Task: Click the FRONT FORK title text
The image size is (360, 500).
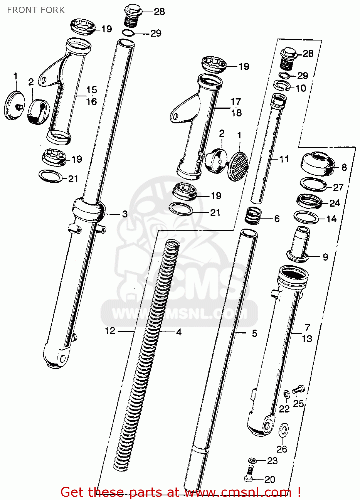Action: coord(36,10)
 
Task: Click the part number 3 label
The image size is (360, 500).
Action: coord(125,214)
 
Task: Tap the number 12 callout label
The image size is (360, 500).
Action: coord(110,331)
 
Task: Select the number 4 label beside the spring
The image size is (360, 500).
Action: coord(179,332)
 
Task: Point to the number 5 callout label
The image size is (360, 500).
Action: coord(255,333)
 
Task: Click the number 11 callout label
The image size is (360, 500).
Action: coord(284,159)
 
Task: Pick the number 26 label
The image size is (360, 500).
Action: coord(282,449)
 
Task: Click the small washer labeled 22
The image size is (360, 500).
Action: coord(286,394)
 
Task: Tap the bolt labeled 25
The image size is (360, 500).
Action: coord(298,389)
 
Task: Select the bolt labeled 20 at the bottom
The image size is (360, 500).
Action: coord(249,474)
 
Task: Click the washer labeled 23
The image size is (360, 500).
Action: coord(252,461)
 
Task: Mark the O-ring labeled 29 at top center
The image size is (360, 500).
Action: coord(128,33)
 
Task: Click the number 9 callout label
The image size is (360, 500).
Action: coord(325,257)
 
